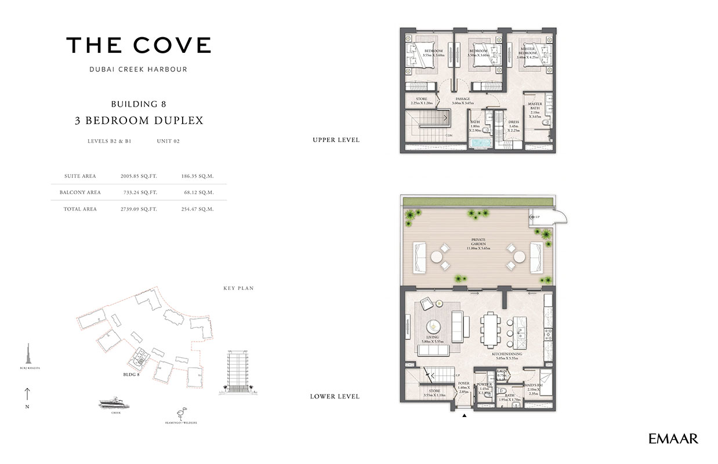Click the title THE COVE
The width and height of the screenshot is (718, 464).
point(139,45)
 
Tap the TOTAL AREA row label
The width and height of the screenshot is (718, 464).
point(80,208)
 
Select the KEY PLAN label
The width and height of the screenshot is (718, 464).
point(238,288)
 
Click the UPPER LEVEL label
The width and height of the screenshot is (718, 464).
point(336,140)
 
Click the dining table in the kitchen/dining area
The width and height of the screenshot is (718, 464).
point(489,327)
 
